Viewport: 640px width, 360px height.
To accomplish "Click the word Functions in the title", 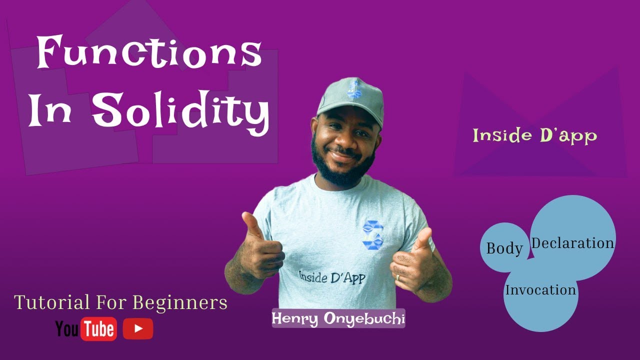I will [x=149, y=53].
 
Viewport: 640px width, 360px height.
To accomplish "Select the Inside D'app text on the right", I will [x=534, y=135].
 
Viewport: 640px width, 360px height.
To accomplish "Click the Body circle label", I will [x=504, y=248].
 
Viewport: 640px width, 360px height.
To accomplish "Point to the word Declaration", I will [x=572, y=243].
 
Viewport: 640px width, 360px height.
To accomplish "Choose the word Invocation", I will [x=540, y=290].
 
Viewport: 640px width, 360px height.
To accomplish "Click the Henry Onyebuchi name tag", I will [x=338, y=318].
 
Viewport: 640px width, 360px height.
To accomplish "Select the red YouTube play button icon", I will [x=138, y=328].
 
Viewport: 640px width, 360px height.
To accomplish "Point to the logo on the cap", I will [x=354, y=89].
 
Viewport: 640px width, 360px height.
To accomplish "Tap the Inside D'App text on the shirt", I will [x=332, y=276].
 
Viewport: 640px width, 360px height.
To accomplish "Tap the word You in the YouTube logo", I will [x=66, y=329].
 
